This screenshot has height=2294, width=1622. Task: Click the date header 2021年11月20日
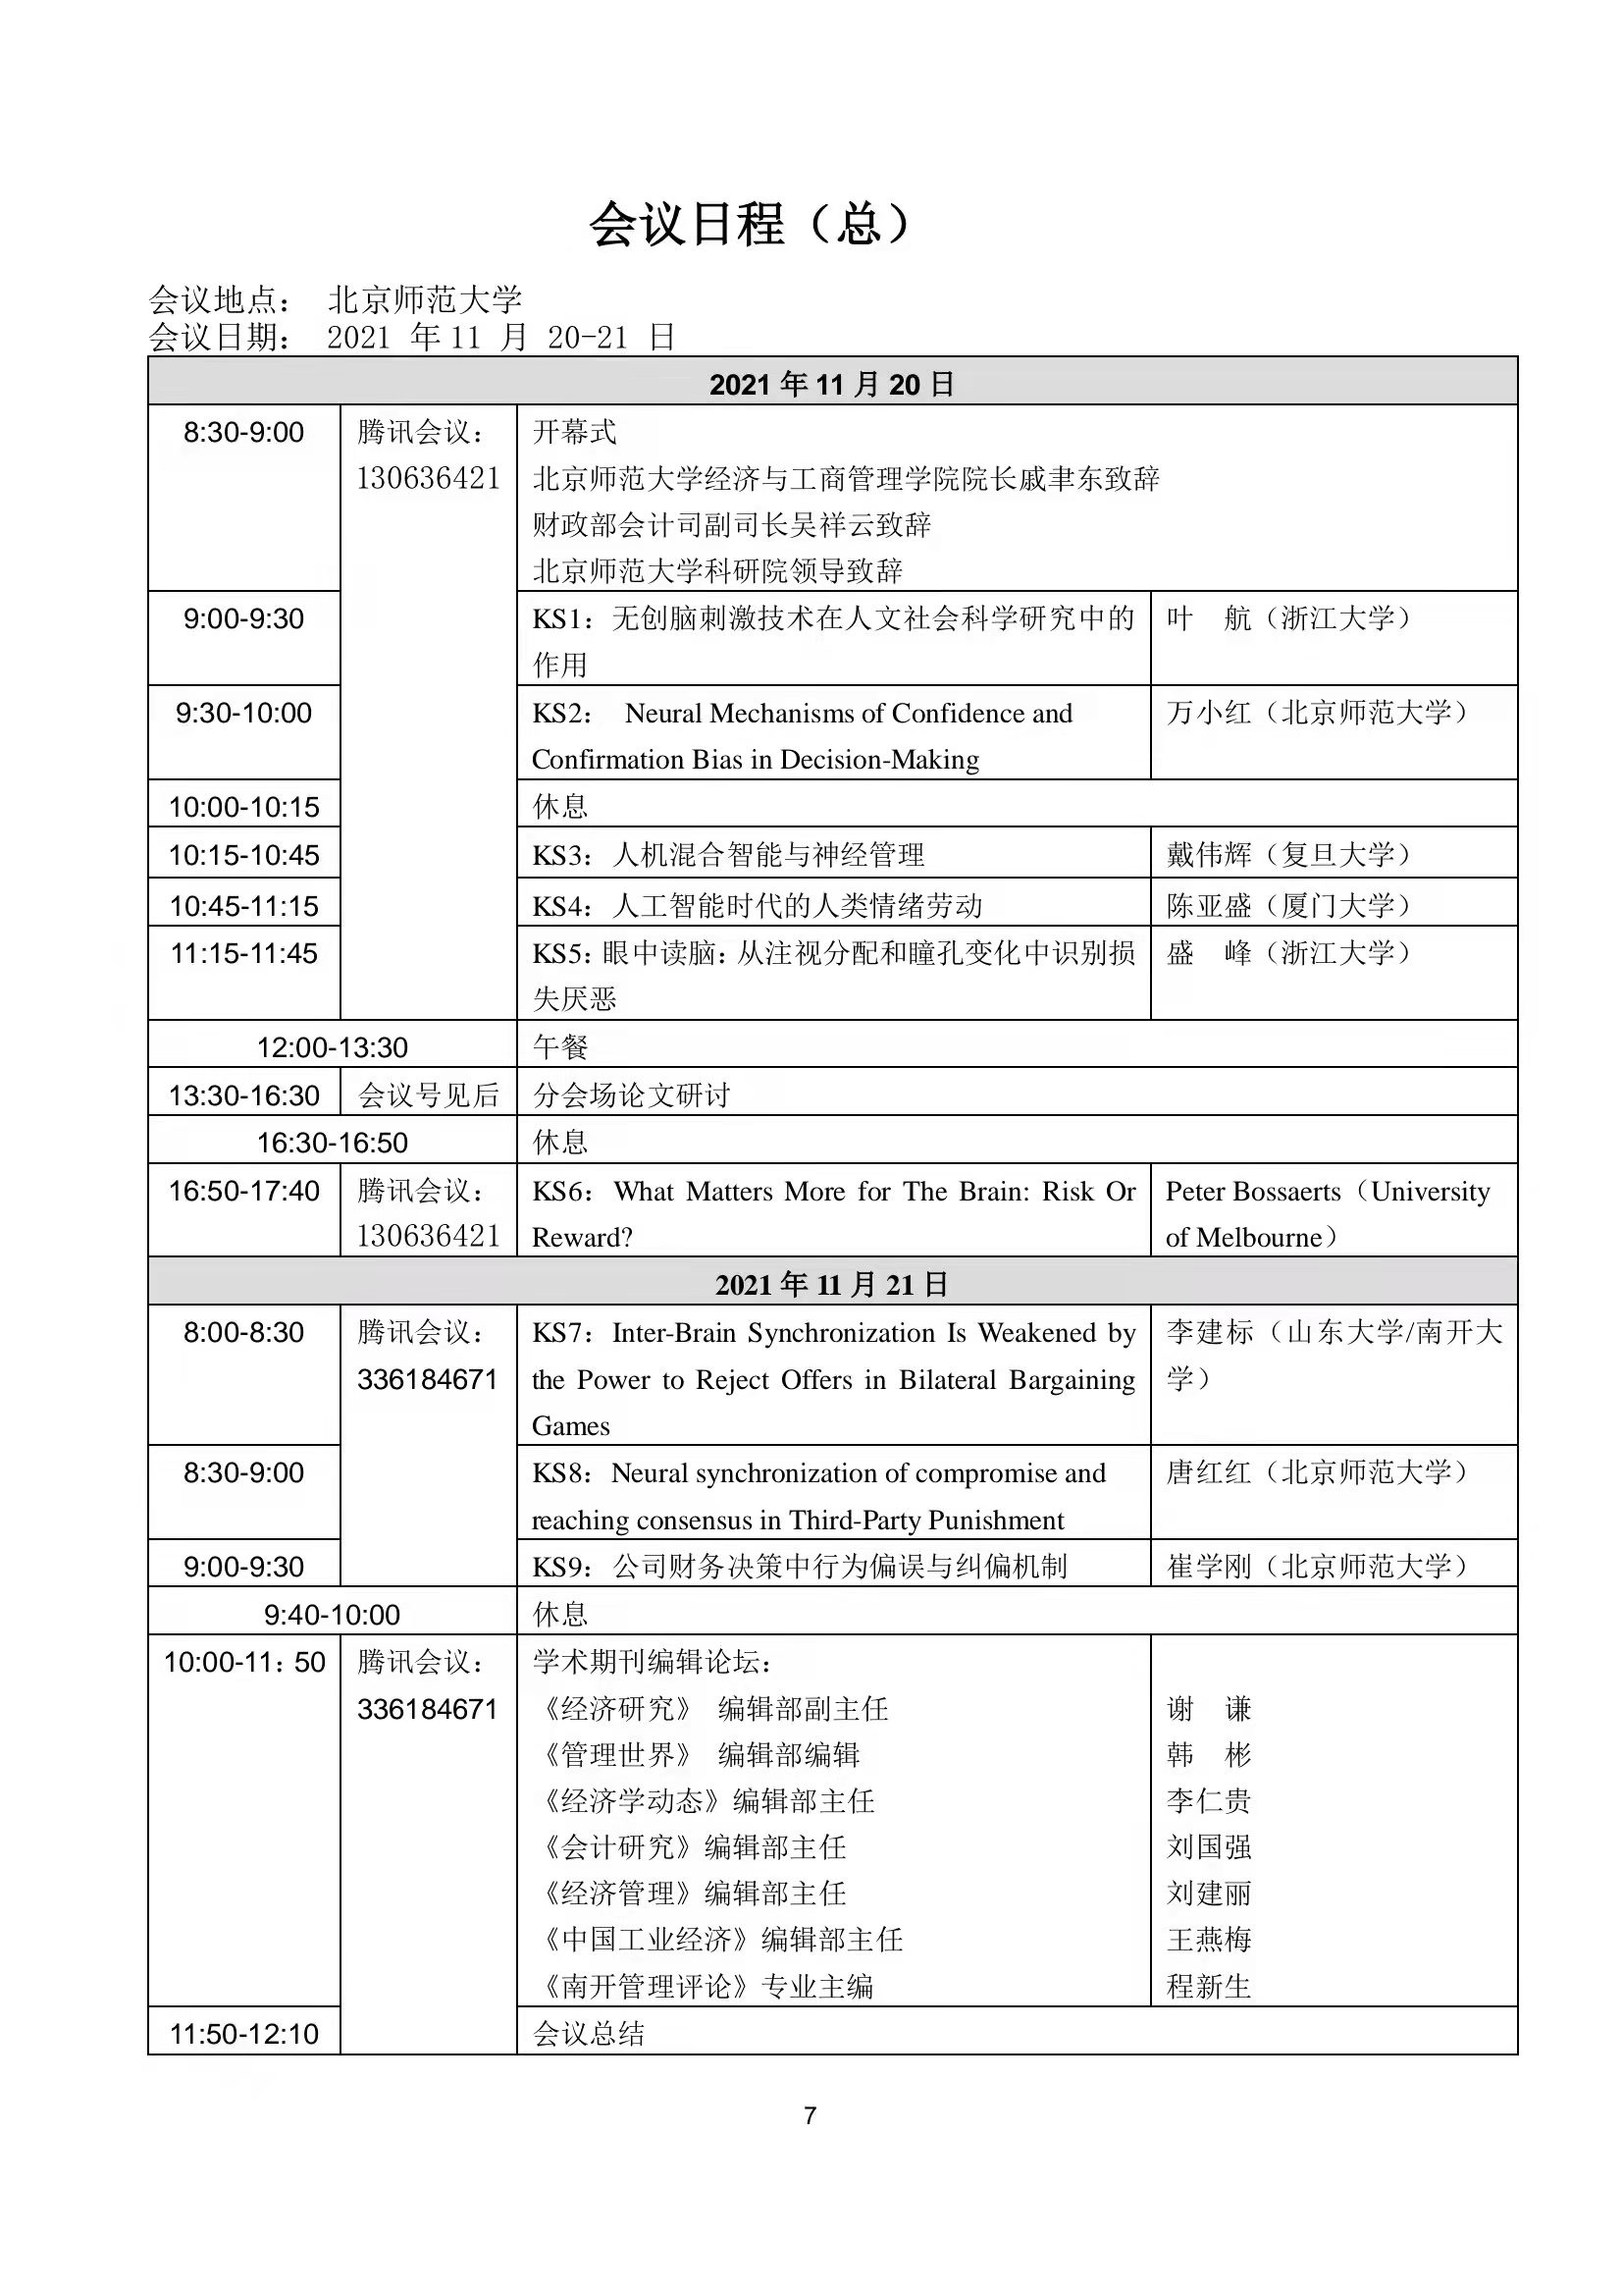click(832, 384)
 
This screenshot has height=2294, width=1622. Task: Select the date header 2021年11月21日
click(832, 1284)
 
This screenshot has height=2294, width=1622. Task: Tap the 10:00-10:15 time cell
click(243, 806)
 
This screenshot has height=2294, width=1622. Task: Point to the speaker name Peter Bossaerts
click(1252, 1191)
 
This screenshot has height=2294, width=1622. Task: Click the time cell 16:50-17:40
click(243, 1191)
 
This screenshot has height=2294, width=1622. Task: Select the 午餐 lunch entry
click(560, 1047)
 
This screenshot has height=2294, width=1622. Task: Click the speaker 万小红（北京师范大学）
click(1317, 713)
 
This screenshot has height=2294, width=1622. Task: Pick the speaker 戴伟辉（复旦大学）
click(1288, 855)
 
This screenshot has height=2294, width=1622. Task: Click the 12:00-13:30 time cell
click(332, 1047)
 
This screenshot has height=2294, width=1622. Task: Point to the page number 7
click(810, 2115)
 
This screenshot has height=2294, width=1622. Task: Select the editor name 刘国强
click(1209, 1846)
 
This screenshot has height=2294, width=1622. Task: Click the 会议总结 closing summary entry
click(589, 2033)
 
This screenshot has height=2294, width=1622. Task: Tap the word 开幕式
click(574, 432)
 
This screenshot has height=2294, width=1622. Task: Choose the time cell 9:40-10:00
click(332, 1615)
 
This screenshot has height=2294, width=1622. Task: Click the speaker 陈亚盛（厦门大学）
click(1288, 906)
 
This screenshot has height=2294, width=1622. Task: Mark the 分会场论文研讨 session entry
click(631, 1095)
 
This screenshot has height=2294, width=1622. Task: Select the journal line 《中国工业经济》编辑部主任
click(720, 1940)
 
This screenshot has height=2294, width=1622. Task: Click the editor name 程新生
click(1209, 1987)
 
